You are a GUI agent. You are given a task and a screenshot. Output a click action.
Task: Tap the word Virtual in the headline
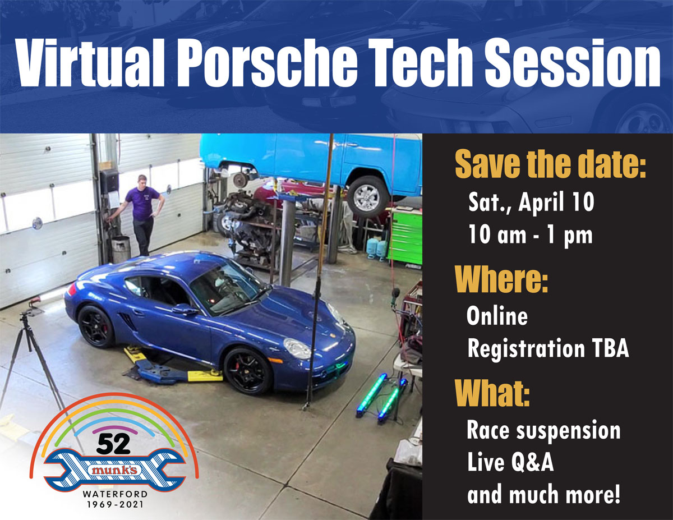90,63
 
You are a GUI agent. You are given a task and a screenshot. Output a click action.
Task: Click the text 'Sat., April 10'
532,201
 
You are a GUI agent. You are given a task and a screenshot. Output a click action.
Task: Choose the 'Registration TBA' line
548,349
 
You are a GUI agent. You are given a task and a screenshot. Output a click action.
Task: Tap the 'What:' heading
492,393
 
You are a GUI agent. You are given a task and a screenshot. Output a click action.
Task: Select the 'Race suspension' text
543,430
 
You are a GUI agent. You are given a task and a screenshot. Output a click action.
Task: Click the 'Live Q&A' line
510,462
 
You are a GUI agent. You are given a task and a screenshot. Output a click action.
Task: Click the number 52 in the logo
113,444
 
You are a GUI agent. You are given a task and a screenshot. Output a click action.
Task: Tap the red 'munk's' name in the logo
114,470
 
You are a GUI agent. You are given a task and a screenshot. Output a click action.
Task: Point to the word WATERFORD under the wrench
115,494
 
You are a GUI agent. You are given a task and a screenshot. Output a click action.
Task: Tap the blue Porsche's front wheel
248,370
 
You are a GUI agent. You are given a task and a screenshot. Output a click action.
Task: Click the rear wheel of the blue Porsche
96,326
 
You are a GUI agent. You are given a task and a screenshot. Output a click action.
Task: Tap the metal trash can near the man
121,250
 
